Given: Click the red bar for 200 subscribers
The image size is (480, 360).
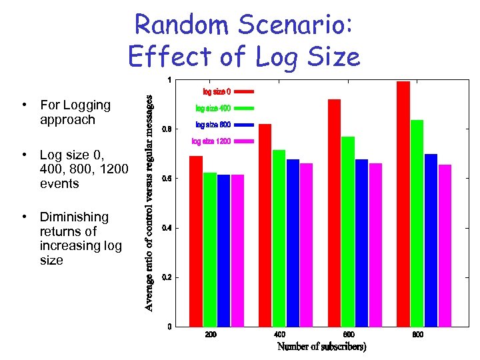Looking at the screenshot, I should tap(196, 241).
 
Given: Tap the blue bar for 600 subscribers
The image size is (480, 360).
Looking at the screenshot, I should tap(361, 243).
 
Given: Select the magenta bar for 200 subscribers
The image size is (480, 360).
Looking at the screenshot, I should tap(237, 250).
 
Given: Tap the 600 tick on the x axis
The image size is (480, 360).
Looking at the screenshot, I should tap(349, 335).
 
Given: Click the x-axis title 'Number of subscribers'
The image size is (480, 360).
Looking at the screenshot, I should tap(322, 347).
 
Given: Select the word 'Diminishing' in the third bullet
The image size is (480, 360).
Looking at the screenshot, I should tap(74, 217).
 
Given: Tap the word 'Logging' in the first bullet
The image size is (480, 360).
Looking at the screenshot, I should tap(85, 105).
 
